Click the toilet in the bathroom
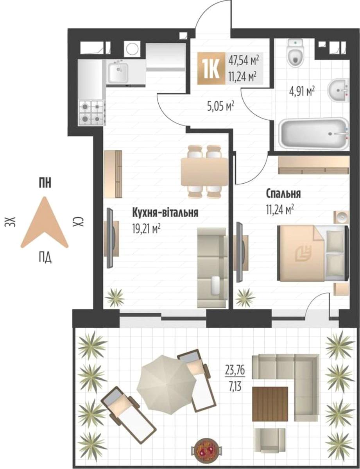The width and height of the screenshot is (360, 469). pyautogui.click(x=295, y=53)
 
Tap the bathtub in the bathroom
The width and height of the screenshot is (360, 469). pyautogui.click(x=314, y=133)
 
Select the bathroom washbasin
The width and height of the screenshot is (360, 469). pyautogui.click(x=339, y=90)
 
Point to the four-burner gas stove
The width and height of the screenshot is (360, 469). pyautogui.click(x=93, y=113)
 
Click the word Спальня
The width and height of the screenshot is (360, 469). pyautogui.click(x=283, y=194)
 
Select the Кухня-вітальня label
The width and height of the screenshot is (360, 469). pyautogui.click(x=165, y=213)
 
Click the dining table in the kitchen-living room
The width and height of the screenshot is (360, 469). pyautogui.click(x=204, y=172)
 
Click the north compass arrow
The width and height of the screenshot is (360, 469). pyautogui.click(x=45, y=222)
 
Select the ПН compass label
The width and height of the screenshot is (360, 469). pyautogui.click(x=45, y=184)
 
